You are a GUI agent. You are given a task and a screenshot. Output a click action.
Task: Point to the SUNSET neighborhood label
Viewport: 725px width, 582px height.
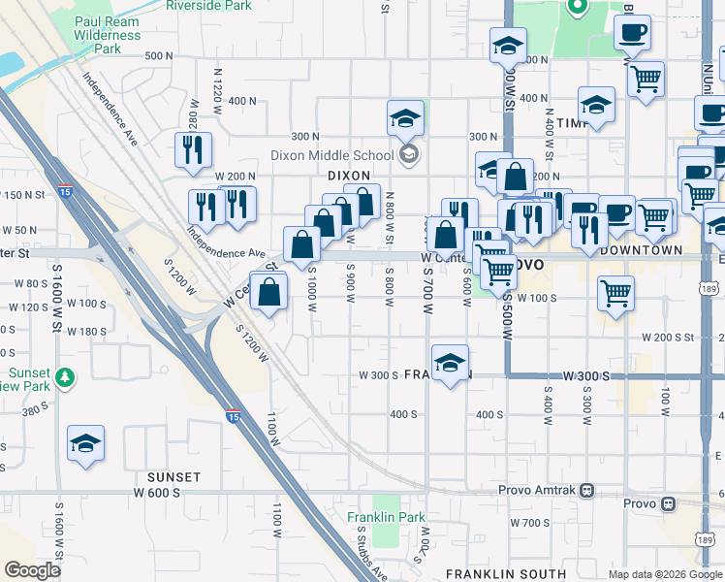tap(173, 477)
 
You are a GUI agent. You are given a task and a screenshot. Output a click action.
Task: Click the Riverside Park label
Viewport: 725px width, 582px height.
tap(209, 6)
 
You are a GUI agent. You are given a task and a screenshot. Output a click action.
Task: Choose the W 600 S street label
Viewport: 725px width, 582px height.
tap(157, 493)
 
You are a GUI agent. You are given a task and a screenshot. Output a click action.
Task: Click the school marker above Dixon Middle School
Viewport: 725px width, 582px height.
tap(405, 119)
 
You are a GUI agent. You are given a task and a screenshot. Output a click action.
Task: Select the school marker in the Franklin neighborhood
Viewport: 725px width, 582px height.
tap(450, 364)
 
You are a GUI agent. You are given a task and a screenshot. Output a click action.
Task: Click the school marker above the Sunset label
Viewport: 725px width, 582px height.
tap(86, 444)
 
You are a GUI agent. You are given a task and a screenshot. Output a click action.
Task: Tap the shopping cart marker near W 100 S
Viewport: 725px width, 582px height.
tap(615, 292)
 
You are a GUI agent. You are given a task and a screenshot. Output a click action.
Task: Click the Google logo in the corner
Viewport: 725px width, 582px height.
tap(33, 570)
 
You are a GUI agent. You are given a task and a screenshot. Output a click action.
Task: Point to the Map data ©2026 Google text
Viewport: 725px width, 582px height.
tap(665, 574)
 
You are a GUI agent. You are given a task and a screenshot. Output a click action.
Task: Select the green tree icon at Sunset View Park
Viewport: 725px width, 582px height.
tap(65, 376)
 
